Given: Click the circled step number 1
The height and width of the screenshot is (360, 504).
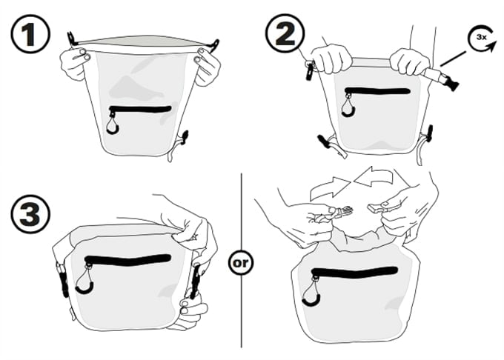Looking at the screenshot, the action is point(30,34).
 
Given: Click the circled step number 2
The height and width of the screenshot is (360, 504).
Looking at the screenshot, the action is point(285,33).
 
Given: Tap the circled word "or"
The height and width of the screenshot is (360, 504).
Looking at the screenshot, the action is point(241,263).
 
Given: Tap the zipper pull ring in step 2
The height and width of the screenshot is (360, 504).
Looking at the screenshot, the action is point(349,106).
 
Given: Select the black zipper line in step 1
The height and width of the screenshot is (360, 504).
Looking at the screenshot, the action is point(141,109).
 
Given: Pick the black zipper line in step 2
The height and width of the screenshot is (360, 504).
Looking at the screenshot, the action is point(377,91).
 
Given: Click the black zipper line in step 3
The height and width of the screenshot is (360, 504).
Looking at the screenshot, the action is point(127,259).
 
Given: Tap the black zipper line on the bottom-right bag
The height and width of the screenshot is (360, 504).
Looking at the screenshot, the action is point(354,273).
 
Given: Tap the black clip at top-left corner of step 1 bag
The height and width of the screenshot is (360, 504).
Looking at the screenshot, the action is point(71,39).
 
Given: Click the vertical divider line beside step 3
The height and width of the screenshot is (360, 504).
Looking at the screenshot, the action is point(242,261).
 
